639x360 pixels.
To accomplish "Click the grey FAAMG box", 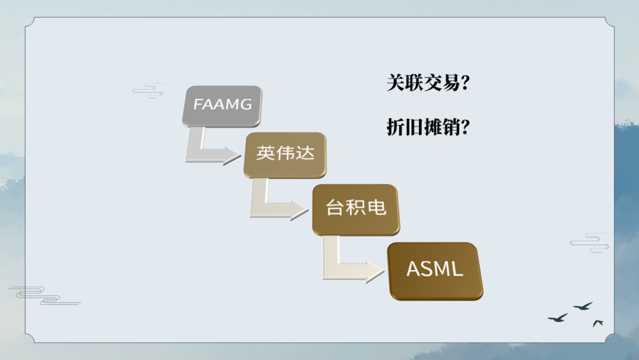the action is tap(222, 106).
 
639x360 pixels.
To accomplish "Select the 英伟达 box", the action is tap(285, 155).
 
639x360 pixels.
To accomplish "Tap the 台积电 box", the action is tap(356, 210).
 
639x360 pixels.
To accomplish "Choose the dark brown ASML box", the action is tap(435, 272).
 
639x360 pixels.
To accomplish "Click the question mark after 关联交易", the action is tap(465, 83).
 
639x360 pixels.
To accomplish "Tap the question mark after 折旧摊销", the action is tap(465, 127).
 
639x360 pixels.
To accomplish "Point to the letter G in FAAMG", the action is tap(246, 104).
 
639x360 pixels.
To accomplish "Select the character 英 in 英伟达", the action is tap(266, 153).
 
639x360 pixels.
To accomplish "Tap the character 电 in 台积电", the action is tap(376, 207).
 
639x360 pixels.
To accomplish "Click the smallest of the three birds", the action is tap(598, 323).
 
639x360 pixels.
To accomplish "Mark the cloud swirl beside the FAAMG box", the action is tap(149, 91).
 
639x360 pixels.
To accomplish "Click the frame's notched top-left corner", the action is tap(30, 22).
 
